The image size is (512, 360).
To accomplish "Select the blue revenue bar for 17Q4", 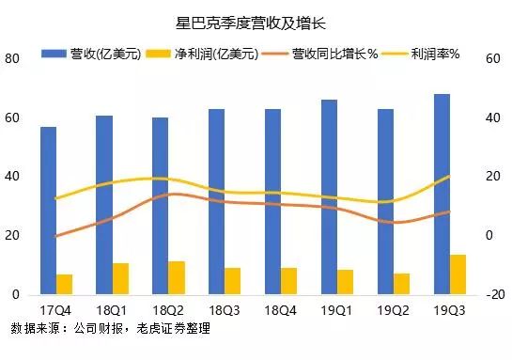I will point(48,211).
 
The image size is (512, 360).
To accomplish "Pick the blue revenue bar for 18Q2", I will point(161,206).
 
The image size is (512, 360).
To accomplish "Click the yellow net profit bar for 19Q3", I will point(458,274).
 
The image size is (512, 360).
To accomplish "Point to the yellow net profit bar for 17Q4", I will point(64,284).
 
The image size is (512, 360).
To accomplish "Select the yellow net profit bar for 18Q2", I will point(177,277).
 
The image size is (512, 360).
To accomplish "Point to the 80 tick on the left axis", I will point(13,58).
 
